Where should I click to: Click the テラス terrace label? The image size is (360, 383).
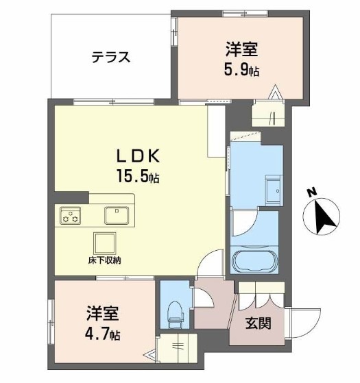(111, 57)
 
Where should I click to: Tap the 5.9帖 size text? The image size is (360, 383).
(241, 69)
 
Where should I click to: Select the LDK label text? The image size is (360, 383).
(139, 156)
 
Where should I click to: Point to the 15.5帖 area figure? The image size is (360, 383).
(139, 176)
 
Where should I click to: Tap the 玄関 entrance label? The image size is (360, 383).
(258, 323)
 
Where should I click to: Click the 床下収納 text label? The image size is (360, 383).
(105, 260)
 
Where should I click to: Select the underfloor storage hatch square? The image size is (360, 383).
(105, 243)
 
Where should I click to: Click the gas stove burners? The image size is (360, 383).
(71, 215)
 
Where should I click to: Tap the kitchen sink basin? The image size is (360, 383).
(117, 215)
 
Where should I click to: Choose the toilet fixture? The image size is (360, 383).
(176, 314)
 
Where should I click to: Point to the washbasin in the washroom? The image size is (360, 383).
(274, 189)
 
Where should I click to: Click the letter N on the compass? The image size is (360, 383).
(312, 193)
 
